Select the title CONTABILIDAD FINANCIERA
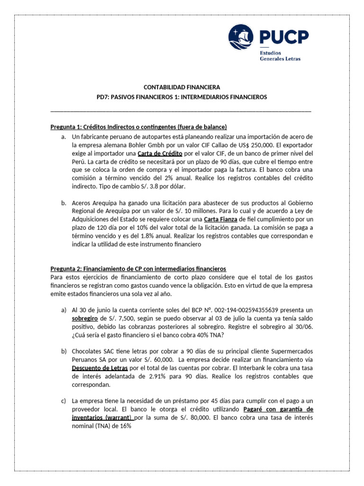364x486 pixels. (182, 87)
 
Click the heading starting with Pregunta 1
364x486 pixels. (139, 127)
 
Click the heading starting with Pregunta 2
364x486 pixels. (138, 268)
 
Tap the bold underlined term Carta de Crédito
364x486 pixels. (160, 153)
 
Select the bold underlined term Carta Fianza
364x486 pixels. (220, 219)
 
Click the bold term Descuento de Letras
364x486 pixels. (100, 367)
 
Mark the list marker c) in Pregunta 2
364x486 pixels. (64, 401)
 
